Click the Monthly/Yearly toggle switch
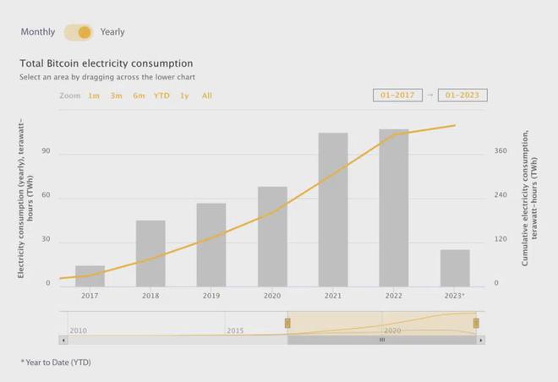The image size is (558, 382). pos(78,32)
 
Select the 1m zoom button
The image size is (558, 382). pos(94,95)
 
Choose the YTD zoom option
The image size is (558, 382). pos(161,95)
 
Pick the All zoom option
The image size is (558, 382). pos(207,95)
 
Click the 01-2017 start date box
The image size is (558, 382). pos(397,95)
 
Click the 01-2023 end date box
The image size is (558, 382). pos(462,95)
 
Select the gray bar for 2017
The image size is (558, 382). pos(90,276)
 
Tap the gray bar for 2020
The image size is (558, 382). pos(272,237)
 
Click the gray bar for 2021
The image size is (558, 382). pos(333,210)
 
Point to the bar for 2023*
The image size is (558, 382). pos(455,268)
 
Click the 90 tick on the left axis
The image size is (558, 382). pos(46,151)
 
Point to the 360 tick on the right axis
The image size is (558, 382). pos(501,151)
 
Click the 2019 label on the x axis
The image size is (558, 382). pos(211,296)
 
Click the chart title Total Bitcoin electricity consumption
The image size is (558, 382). pos(107,63)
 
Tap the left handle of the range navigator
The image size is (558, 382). pos(287,323)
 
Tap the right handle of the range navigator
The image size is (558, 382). pos(476,323)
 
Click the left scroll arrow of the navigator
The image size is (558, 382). pos(63,340)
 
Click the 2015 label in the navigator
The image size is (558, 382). pos(235,330)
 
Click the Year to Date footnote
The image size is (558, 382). pos(56,362)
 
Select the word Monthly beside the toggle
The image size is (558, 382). pos(38,32)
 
